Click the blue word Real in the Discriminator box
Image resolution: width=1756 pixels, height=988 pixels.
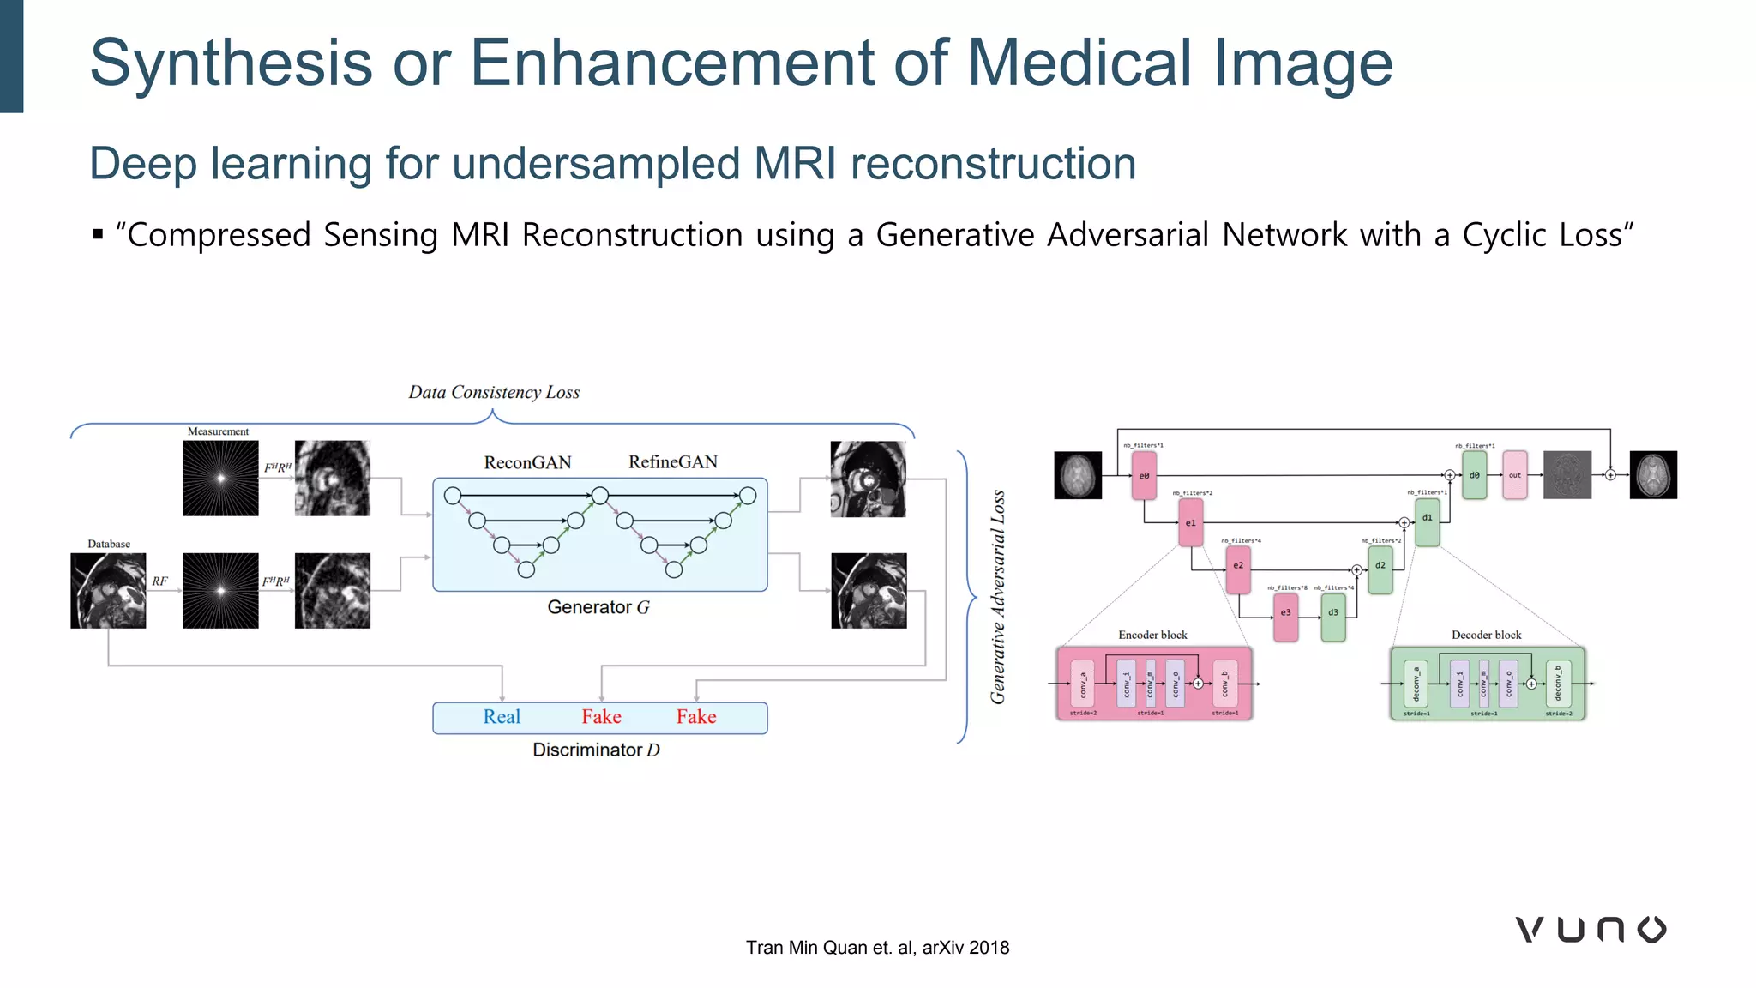point(502,717)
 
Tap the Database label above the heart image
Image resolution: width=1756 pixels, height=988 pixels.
point(109,544)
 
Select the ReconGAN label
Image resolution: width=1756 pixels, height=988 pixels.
point(527,463)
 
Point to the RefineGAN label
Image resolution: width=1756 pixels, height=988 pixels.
point(673,462)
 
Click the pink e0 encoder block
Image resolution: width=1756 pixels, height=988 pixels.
point(1144,476)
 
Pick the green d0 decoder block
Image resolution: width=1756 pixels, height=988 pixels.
point(1474,475)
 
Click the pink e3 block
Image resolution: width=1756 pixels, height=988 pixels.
point(1285,613)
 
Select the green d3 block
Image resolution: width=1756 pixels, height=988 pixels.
point(1333,613)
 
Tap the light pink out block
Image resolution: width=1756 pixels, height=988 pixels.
point(1515,475)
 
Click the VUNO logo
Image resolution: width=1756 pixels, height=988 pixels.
point(1591,930)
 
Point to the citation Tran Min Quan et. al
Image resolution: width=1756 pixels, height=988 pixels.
point(877,948)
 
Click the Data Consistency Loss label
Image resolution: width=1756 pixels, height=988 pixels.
point(494,393)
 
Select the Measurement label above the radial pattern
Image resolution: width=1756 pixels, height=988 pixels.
point(218,431)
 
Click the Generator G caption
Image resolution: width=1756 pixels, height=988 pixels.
point(598,607)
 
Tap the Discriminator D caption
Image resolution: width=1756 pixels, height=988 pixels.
point(596,750)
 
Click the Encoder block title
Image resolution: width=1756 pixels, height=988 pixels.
point(1152,635)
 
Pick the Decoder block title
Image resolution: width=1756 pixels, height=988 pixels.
point(1486,635)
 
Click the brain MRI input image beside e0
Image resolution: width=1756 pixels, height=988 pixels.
point(1078,475)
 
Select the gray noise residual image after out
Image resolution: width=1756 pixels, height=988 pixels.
point(1567,475)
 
